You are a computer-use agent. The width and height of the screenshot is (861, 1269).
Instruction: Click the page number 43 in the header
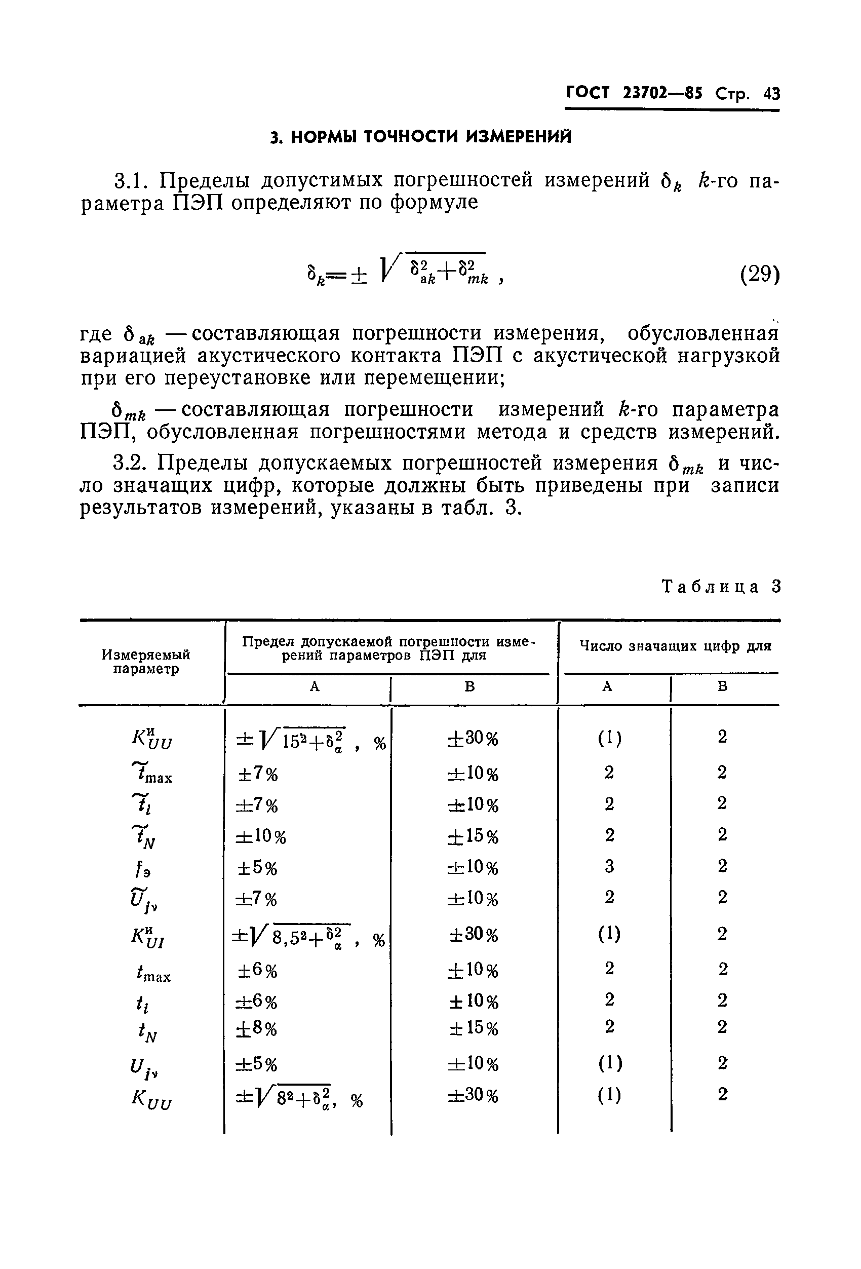[x=772, y=94]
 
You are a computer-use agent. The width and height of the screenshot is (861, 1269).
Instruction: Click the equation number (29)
[x=759, y=274]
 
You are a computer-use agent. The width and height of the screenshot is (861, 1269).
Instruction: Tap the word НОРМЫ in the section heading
[x=325, y=136]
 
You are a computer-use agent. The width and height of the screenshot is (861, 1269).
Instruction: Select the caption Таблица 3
[x=721, y=587]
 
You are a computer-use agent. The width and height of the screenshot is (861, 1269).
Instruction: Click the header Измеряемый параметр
[x=146, y=661]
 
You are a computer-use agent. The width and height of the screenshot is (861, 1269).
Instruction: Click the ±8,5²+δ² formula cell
[x=308, y=937]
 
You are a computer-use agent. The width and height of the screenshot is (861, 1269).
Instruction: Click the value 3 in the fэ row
[x=609, y=867]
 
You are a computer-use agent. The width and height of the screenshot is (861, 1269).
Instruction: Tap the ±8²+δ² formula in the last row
[x=299, y=1098]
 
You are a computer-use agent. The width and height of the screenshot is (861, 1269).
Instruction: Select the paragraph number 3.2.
[x=130, y=463]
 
